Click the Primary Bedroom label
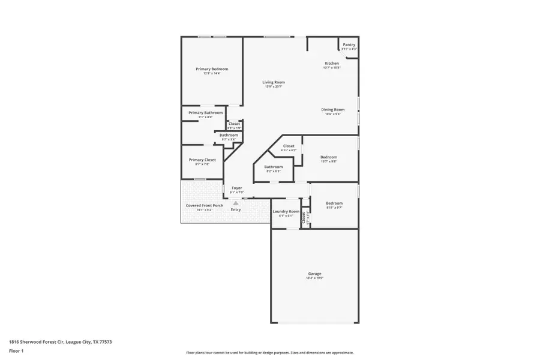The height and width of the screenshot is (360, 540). pyautogui.click(x=212, y=69)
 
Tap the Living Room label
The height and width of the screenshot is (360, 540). pyautogui.click(x=274, y=82)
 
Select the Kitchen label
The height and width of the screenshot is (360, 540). pyautogui.click(x=332, y=63)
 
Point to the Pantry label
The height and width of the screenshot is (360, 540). pyautogui.click(x=349, y=44)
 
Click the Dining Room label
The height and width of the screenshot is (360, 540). pyautogui.click(x=332, y=109)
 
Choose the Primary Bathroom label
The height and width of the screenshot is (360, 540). pyautogui.click(x=205, y=113)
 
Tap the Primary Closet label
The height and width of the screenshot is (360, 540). pyautogui.click(x=202, y=160)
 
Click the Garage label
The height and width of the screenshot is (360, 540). pyautogui.click(x=315, y=273)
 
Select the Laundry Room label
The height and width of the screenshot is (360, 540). pyautogui.click(x=286, y=211)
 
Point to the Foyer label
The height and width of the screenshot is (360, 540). pyautogui.click(x=236, y=188)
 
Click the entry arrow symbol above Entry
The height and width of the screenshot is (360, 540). pyautogui.click(x=236, y=203)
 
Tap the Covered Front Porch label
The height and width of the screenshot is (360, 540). pyautogui.click(x=205, y=205)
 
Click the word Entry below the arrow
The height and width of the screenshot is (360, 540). pyautogui.click(x=236, y=209)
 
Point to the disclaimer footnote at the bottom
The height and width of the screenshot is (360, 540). pyautogui.click(x=269, y=353)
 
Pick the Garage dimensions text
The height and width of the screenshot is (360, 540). pyautogui.click(x=315, y=278)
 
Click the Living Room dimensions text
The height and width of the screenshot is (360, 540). pyautogui.click(x=274, y=87)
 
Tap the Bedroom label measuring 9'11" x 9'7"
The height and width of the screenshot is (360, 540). pyautogui.click(x=334, y=203)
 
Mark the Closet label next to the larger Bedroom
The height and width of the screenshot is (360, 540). pyautogui.click(x=289, y=146)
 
